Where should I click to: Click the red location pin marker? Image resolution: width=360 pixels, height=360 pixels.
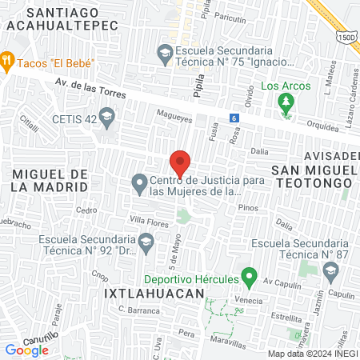(180, 162)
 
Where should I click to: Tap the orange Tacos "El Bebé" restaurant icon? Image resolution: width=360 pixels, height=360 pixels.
(8, 58)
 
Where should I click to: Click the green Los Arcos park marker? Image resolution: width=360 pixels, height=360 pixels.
(284, 102)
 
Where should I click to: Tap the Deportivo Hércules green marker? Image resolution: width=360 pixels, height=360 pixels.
(248, 279)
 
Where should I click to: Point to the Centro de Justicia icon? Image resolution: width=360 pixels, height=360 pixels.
(139, 184)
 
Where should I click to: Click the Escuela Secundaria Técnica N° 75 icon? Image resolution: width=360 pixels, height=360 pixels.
(164, 54)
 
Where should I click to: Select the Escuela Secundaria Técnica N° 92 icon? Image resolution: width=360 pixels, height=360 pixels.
(146, 240)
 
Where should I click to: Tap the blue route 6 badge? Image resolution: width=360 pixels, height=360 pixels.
(234, 118)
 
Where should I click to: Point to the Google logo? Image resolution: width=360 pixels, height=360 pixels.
(26, 350)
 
